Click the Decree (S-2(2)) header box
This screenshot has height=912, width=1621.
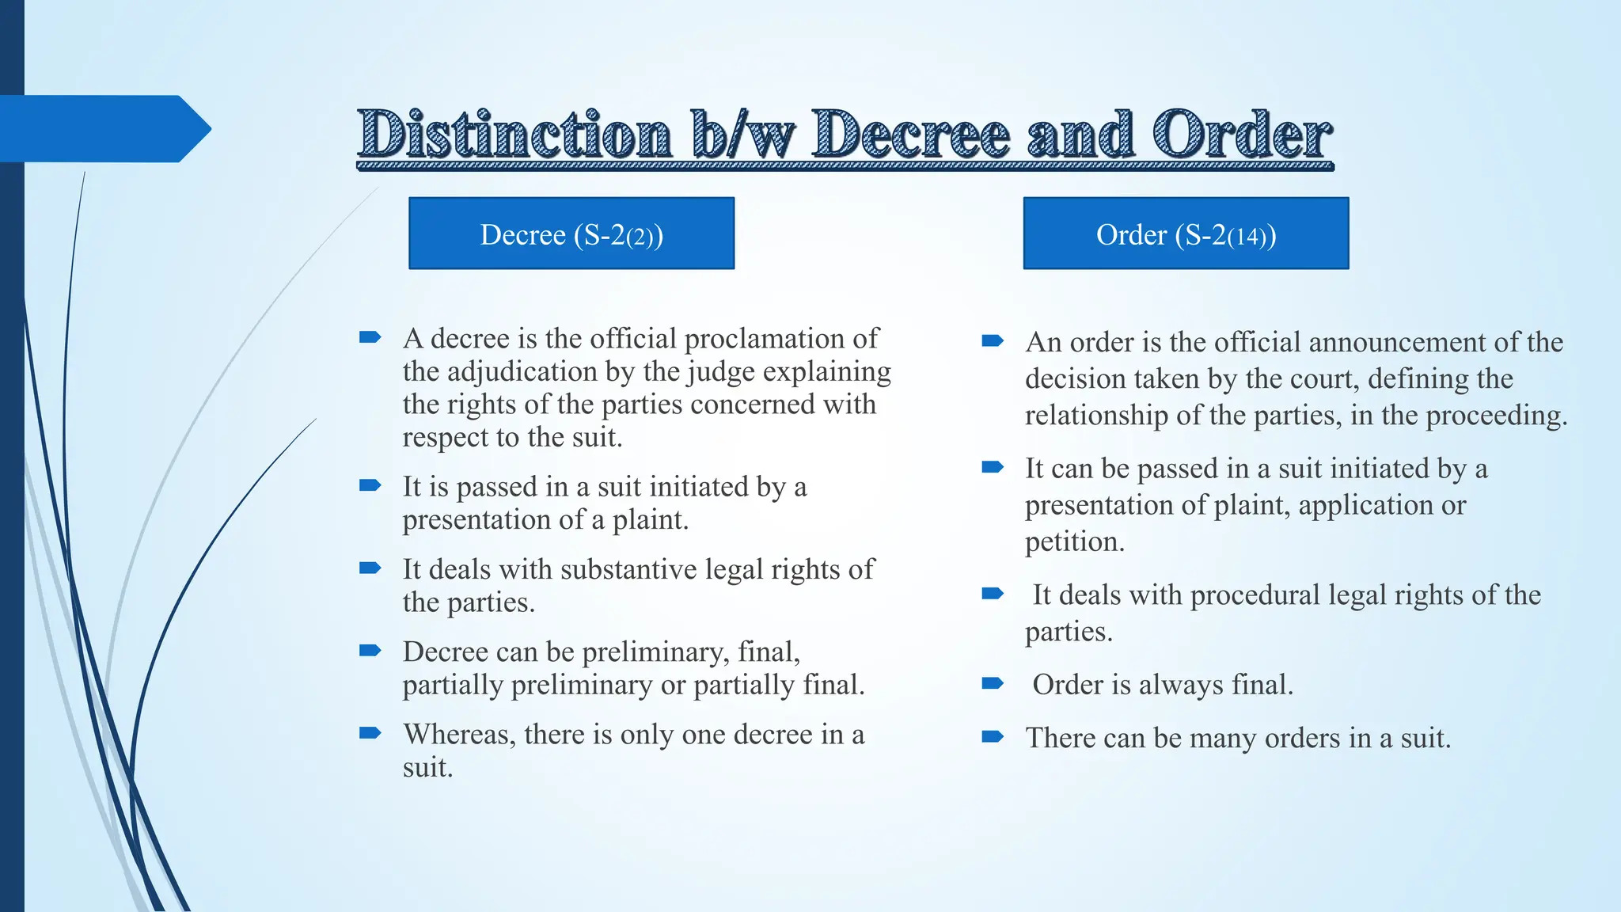[x=571, y=234]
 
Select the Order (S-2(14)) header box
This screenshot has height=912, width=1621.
[x=1186, y=234]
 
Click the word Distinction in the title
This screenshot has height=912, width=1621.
[x=514, y=135]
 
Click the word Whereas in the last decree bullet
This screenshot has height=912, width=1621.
[x=459, y=735]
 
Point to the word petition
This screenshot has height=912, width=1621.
[x=1073, y=541]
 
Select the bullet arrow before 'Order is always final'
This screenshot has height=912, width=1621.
[x=993, y=683]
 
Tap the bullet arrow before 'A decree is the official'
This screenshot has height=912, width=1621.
[x=370, y=338]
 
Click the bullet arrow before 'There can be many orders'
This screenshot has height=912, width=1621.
[x=993, y=737]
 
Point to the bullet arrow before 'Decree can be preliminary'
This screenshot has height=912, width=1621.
[x=370, y=651]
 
